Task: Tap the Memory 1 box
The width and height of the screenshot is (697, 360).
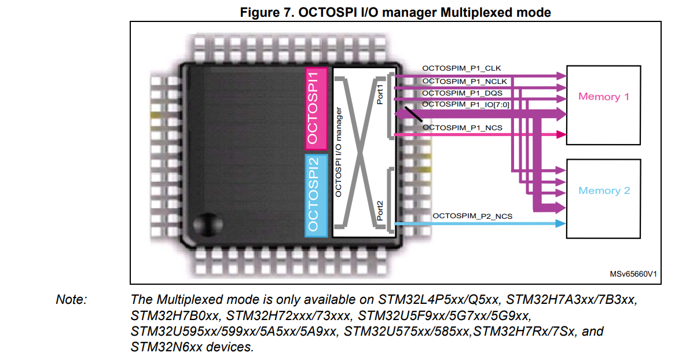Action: [x=603, y=105]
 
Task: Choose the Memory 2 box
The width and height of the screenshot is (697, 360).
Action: [x=603, y=199]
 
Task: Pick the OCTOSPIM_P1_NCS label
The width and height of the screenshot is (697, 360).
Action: [x=463, y=127]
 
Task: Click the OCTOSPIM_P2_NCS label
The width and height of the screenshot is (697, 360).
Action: [x=472, y=216]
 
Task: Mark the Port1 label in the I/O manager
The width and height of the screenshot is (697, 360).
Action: [x=380, y=94]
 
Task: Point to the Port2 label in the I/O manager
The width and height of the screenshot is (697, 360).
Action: [x=380, y=211]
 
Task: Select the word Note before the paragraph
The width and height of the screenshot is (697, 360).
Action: [x=71, y=300]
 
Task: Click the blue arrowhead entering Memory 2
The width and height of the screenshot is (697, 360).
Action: [x=560, y=224]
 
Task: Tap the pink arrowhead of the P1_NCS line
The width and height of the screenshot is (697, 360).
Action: [x=560, y=135]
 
